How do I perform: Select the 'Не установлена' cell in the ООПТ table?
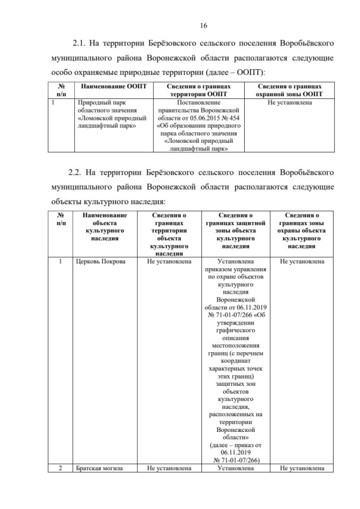[x=290, y=103]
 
